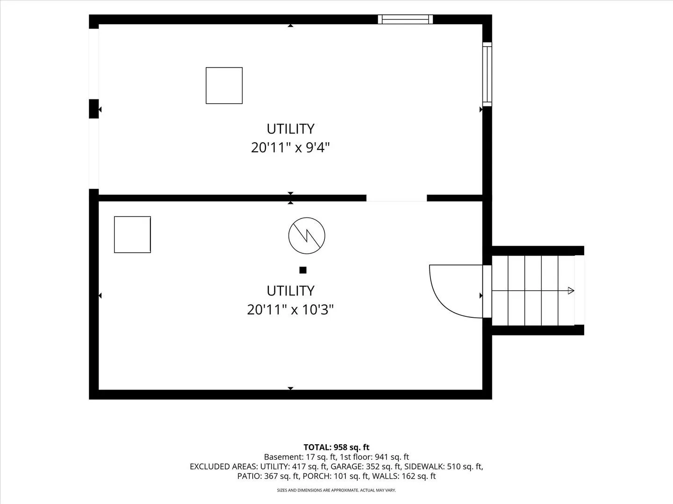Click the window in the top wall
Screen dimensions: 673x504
pyautogui.click(x=405, y=19)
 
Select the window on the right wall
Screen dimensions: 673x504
pyautogui.click(x=487, y=74)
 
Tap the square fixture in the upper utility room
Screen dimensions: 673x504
pyautogui.click(x=224, y=86)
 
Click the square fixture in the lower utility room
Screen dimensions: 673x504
pyautogui.click(x=132, y=235)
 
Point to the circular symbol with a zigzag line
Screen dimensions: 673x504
pyautogui.click(x=307, y=236)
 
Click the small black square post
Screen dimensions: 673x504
pyautogui.click(x=303, y=270)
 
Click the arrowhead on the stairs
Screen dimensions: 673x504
pyautogui.click(x=571, y=291)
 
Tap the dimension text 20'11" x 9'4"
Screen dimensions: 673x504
pyautogui.click(x=290, y=148)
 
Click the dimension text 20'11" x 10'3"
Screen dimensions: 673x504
pyautogui.click(x=290, y=310)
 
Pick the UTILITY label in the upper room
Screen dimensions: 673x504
pyautogui.click(x=290, y=129)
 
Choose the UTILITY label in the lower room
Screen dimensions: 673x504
pyautogui.click(x=290, y=291)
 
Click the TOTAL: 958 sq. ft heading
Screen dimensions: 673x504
pyautogui.click(x=336, y=448)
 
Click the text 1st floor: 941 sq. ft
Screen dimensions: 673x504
pyautogui.click(x=374, y=457)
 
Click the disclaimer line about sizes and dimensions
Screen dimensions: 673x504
pyautogui.click(x=336, y=490)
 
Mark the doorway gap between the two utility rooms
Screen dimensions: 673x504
pyautogui.click(x=397, y=198)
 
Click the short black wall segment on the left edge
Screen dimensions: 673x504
pyautogui.click(x=94, y=109)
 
